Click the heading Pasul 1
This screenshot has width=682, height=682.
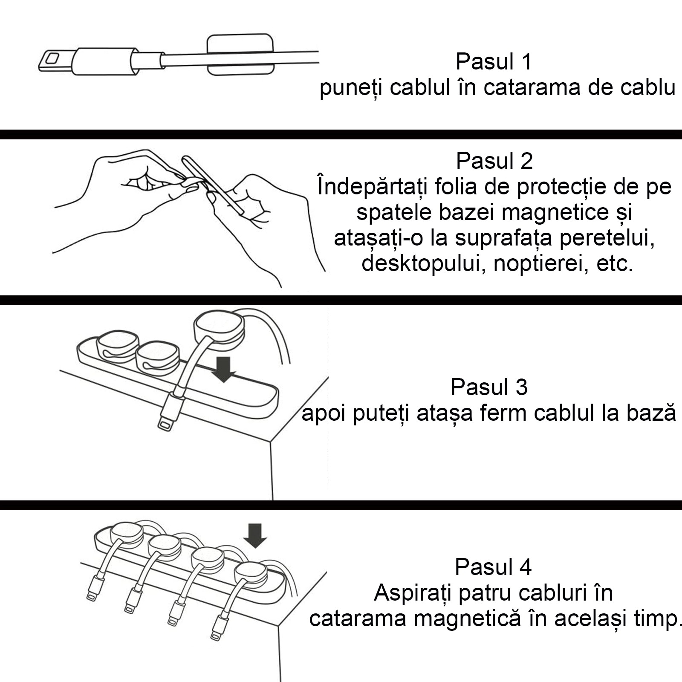(494, 62)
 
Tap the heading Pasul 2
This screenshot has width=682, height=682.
(494, 161)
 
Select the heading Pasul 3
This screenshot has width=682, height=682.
(489, 387)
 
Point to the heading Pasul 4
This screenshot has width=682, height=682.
(493, 567)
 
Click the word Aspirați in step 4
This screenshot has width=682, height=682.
(413, 593)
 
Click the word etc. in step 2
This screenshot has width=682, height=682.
(615, 264)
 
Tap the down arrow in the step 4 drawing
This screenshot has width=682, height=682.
(255, 536)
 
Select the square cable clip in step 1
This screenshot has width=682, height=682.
(240, 55)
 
